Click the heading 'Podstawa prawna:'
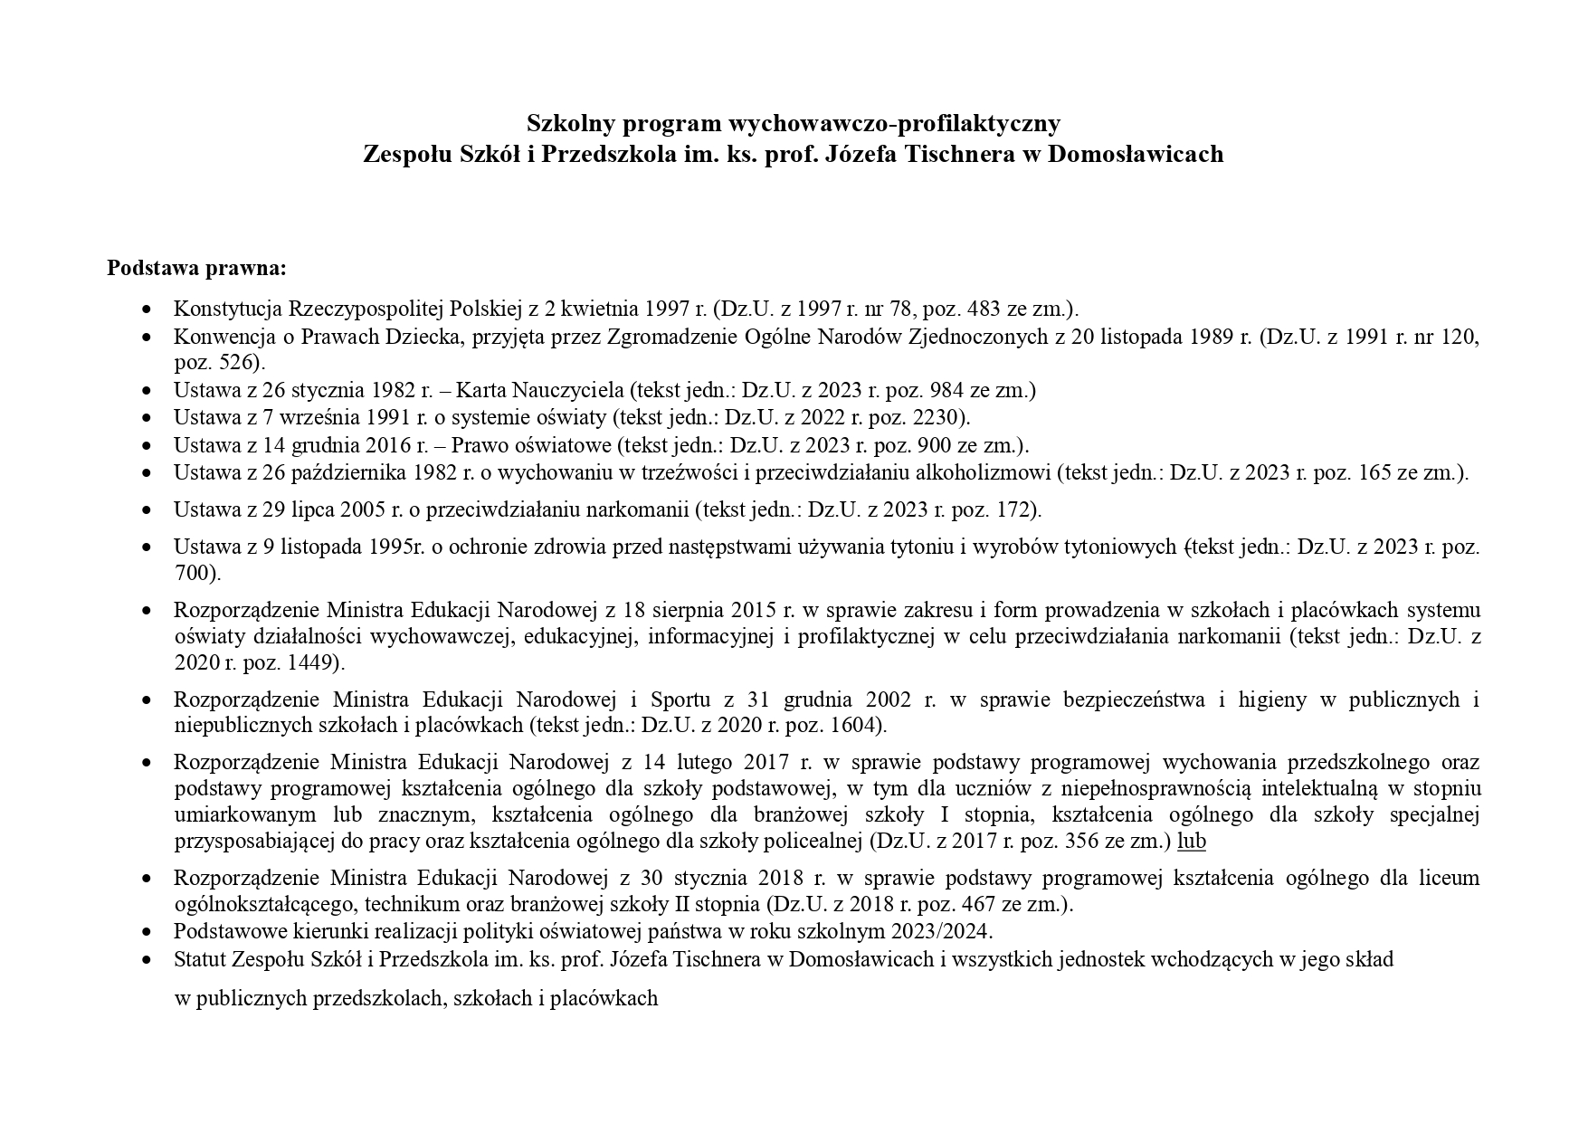196,269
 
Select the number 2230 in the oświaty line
943,418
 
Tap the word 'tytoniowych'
1121,547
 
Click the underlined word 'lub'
1191,842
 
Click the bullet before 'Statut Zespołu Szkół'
147,960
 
